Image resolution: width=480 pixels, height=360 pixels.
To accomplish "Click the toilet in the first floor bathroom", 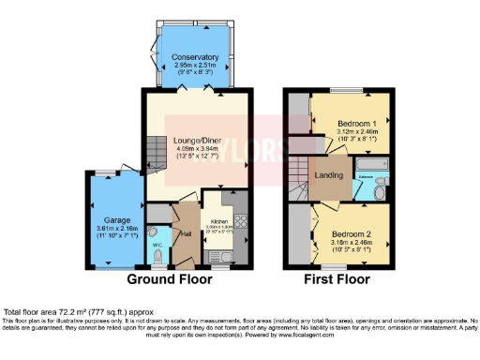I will pyautogui.click(x=380, y=191).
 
